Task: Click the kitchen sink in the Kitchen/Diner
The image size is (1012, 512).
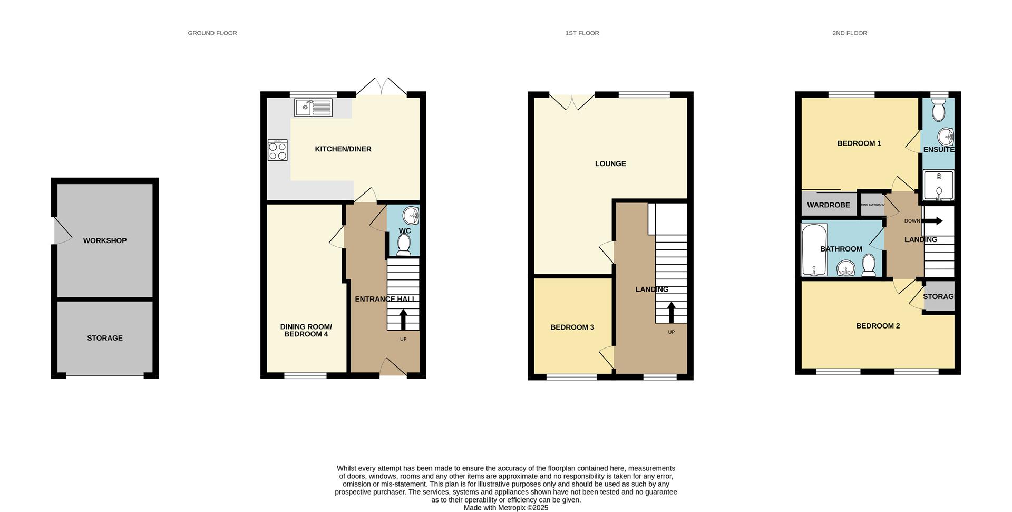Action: (314, 108)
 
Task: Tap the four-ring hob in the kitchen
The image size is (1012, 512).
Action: (278, 150)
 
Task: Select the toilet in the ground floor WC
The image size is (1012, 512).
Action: (404, 245)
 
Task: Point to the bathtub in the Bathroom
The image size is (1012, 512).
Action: (814, 250)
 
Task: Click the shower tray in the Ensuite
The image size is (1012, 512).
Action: (939, 185)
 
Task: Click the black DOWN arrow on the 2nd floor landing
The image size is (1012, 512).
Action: (932, 221)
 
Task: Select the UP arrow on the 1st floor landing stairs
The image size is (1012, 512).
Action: (672, 312)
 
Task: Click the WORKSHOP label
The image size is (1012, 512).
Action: (105, 241)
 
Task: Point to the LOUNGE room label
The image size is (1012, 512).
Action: (610, 164)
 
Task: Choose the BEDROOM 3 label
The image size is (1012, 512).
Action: (572, 327)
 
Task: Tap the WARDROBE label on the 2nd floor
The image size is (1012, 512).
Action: (829, 205)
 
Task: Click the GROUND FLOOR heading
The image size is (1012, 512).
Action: (212, 33)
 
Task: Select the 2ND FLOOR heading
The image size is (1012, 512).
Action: (850, 33)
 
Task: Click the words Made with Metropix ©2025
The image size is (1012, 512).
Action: (506, 508)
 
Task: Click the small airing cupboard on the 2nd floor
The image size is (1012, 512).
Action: (872, 205)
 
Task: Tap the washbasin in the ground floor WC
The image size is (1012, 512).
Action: (411, 215)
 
